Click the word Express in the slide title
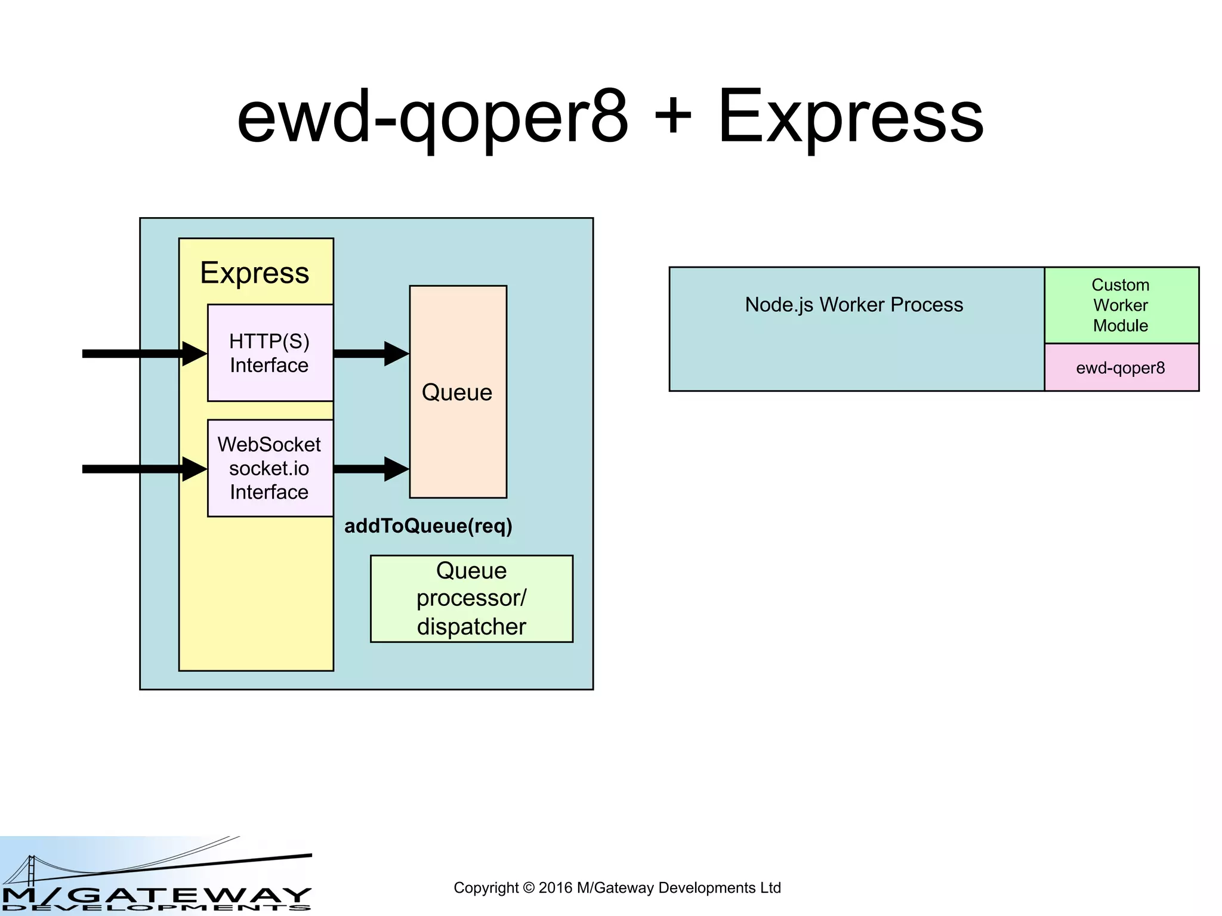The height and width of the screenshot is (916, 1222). pos(850,117)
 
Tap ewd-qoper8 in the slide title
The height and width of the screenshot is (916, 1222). pos(432,117)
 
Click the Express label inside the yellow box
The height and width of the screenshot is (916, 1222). pos(254,273)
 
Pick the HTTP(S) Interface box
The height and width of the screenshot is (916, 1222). pos(270,353)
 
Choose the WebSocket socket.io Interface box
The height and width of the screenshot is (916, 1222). pos(270,468)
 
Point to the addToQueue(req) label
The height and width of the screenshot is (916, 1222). pos(428,526)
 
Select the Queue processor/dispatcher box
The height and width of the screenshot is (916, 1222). pos(471,599)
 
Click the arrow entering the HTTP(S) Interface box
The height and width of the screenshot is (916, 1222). pos(143,354)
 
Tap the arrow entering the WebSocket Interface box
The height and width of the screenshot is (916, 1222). pos(143,469)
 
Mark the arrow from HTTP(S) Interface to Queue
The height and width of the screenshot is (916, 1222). pos(370,354)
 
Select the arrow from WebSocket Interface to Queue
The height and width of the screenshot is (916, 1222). pos(370,469)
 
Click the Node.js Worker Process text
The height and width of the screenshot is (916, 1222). pos(853,305)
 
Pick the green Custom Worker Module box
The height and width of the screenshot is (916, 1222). pos(1121,305)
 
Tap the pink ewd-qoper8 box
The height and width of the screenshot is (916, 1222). pos(1121,368)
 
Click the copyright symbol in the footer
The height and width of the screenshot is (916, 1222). pos(529,888)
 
